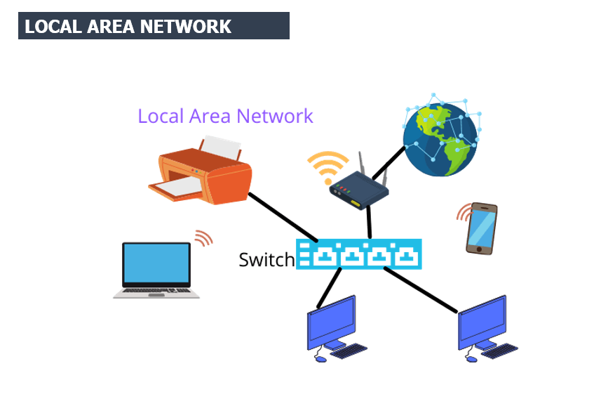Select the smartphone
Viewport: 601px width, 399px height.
[482, 228]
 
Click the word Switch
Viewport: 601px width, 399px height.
[266, 260]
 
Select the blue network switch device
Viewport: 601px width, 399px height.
[359, 254]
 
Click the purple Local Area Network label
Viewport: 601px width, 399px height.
[225, 116]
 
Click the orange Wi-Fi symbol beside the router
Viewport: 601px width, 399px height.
[327, 167]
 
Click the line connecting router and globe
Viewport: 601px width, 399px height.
[389, 162]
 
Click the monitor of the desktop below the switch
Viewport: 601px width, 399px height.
[331, 320]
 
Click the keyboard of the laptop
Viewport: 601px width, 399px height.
[156, 290]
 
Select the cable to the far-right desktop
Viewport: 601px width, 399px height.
[421, 290]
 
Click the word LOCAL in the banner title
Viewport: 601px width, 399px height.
[50, 27]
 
